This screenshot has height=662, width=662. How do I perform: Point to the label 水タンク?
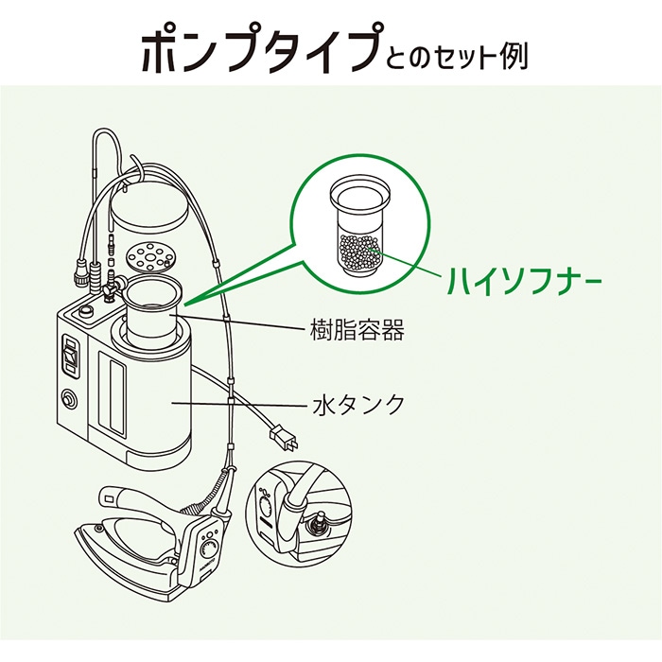pos(357,405)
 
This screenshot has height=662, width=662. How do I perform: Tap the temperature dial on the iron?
pos(210,549)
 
